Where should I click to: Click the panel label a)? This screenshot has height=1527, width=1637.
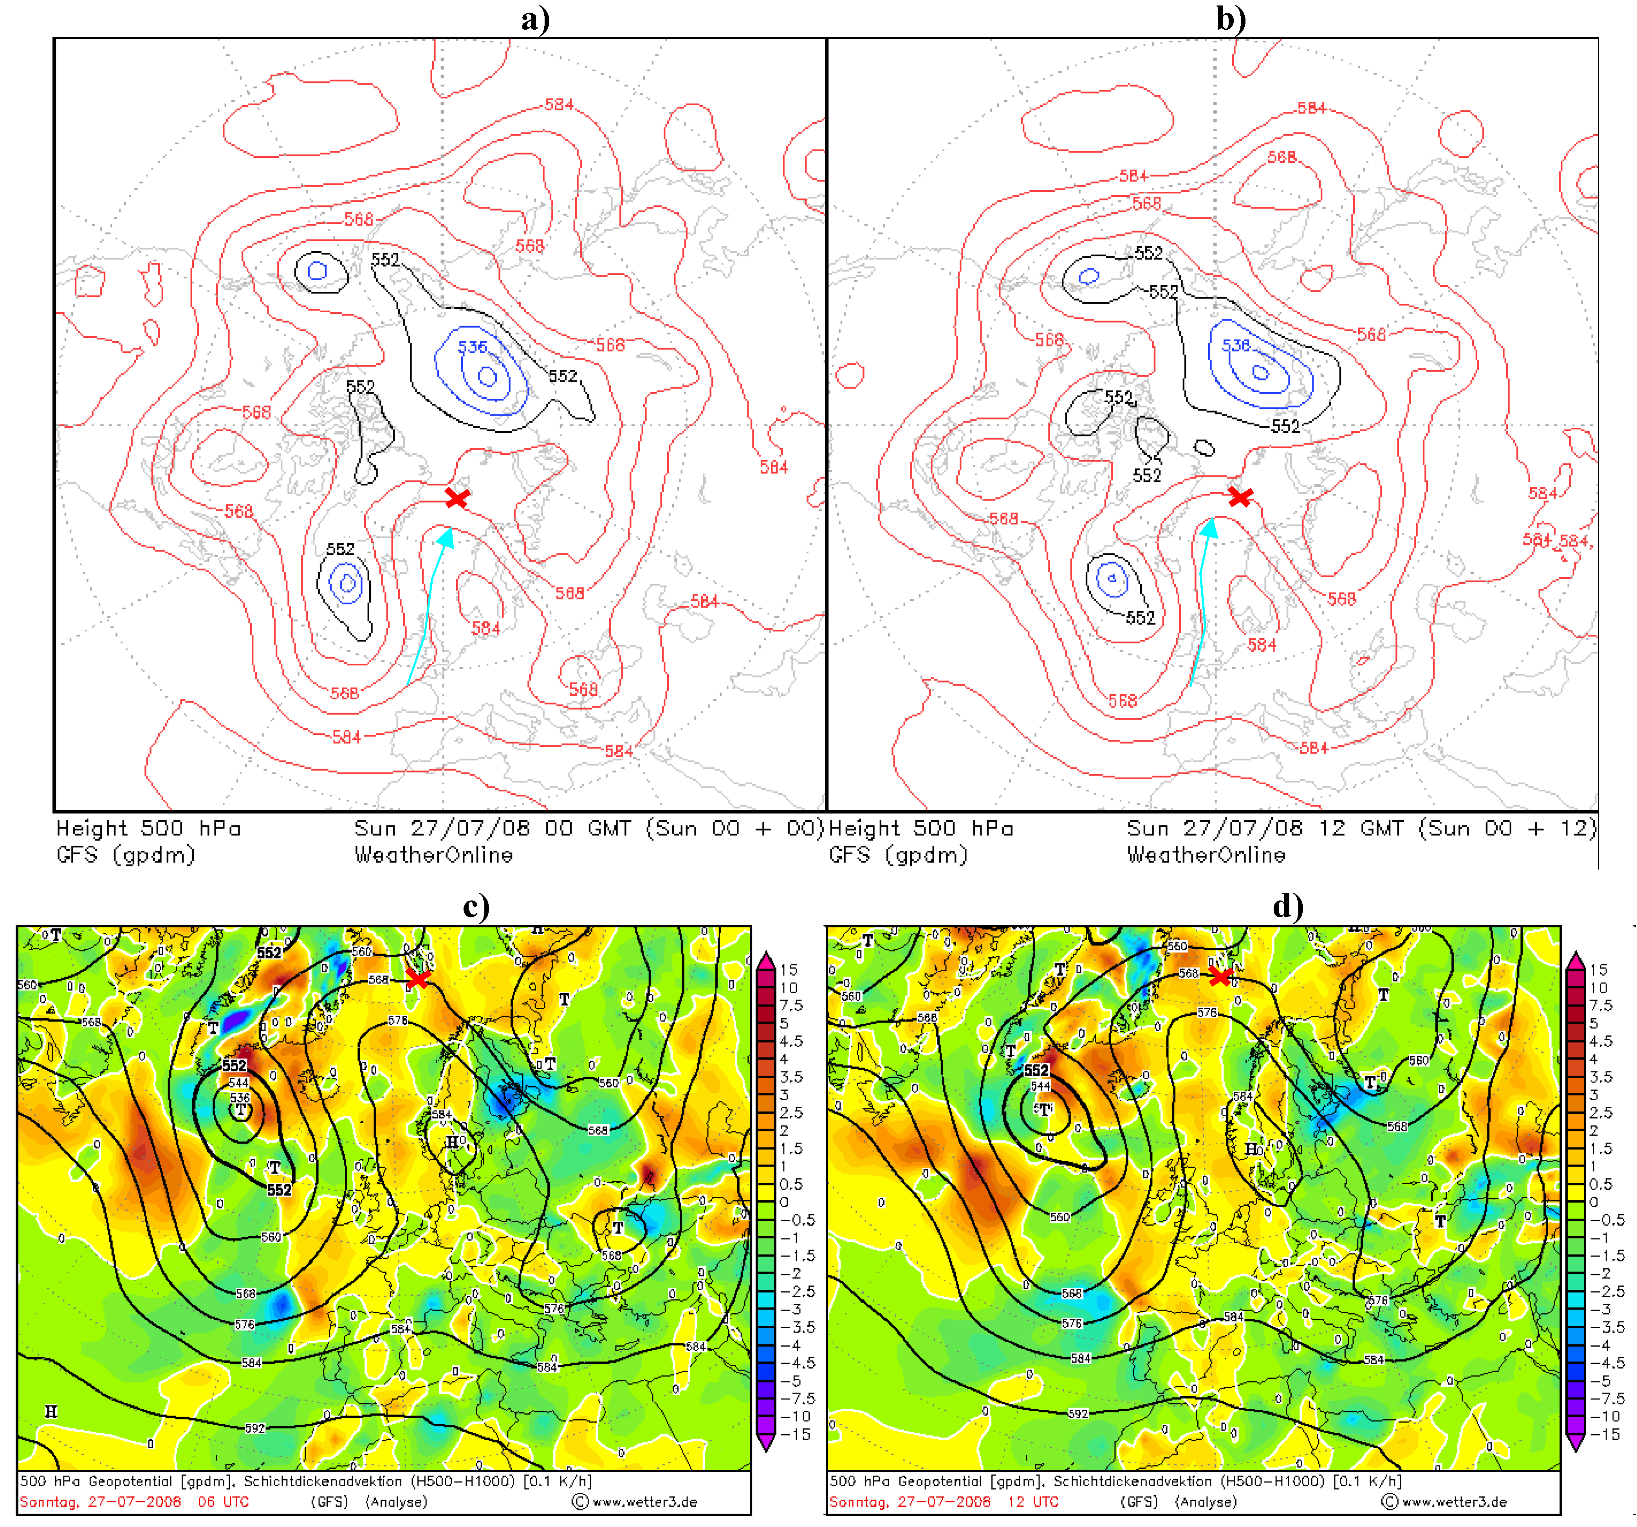(x=535, y=18)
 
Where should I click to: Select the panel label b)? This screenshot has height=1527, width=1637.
(x=1231, y=18)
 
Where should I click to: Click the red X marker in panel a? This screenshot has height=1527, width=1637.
(x=457, y=498)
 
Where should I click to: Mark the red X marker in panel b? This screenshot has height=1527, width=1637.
(x=1240, y=496)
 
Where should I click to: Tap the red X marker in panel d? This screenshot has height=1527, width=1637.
(x=1220, y=976)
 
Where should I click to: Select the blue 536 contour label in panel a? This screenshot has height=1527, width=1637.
(x=473, y=347)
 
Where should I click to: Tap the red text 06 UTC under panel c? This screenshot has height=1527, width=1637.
(x=222, y=1502)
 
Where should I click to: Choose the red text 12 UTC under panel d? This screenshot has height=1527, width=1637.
(x=1032, y=1502)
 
